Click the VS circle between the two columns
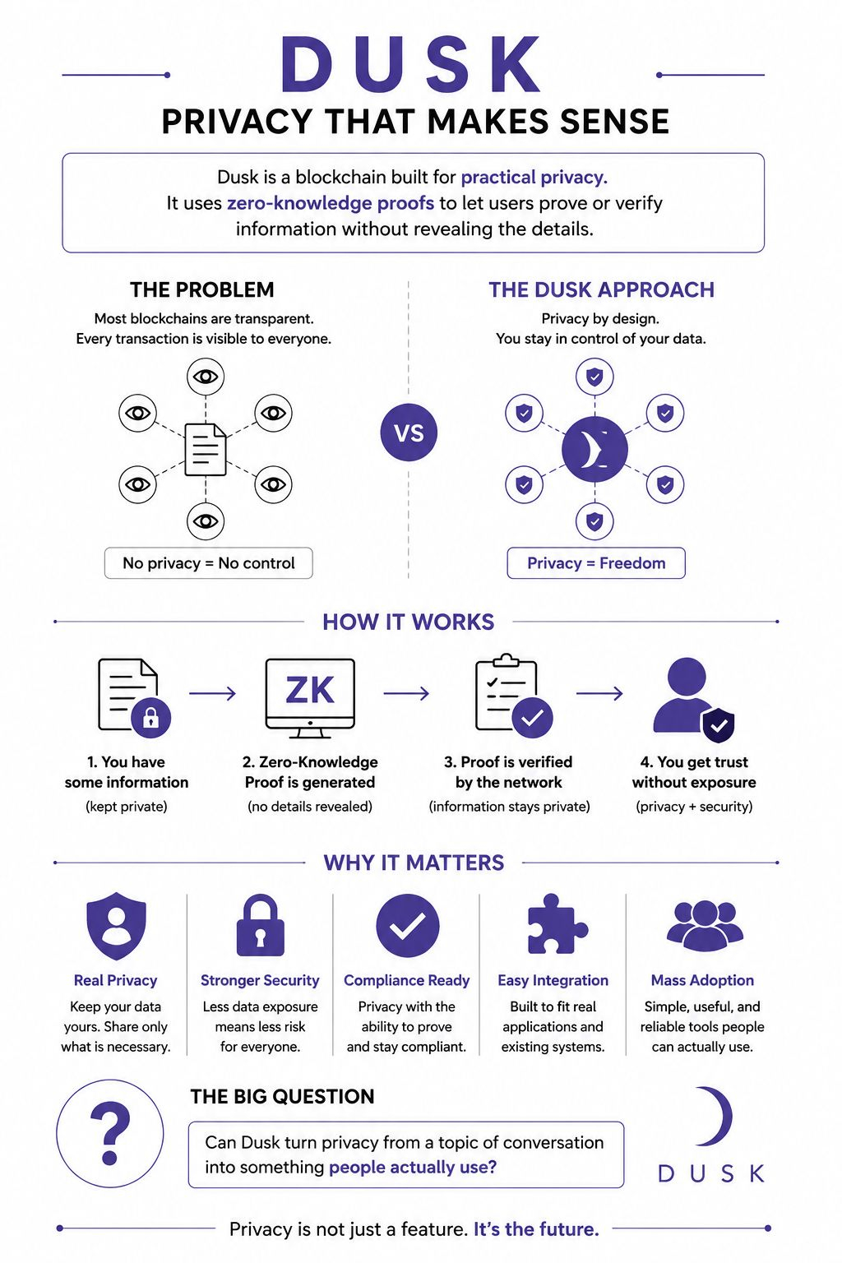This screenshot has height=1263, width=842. coord(409,433)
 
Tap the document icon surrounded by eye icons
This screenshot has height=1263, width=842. coord(206,450)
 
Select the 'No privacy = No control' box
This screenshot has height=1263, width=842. coord(209,562)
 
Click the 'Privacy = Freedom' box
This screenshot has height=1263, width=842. coord(596,562)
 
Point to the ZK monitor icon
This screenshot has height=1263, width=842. coord(310,698)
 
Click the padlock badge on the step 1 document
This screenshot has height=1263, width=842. coord(150,718)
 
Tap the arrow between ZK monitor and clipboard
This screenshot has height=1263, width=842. coord(406,693)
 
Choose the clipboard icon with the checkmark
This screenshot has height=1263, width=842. coord(513,696)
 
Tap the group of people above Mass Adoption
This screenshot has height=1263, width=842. coord(705,926)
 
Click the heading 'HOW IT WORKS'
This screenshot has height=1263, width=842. coord(409,622)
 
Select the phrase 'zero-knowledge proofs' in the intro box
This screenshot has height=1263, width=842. coord(331,203)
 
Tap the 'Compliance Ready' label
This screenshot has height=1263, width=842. coord(407,980)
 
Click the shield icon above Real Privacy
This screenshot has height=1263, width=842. coord(116,926)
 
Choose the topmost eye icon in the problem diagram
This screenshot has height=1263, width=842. coord(206,377)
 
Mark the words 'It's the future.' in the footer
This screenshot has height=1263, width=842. coord(536,1228)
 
